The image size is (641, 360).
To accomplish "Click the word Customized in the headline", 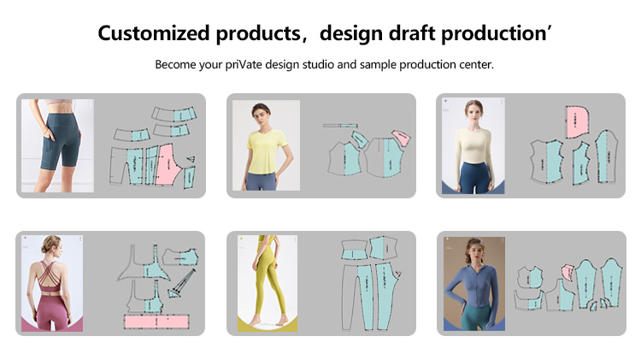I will tap(153, 33).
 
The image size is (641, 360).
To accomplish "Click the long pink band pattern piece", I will tap(162, 322).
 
